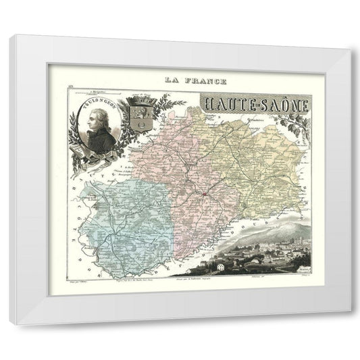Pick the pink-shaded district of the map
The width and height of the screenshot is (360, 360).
coord(172,162)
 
